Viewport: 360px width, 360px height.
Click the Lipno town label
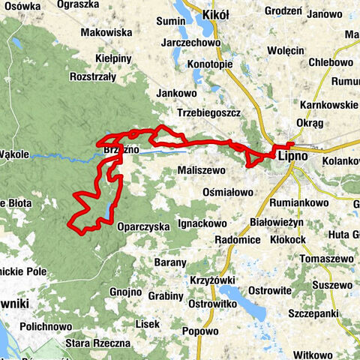point(292,157)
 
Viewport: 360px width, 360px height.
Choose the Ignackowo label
point(202,223)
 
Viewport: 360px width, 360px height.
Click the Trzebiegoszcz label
point(208,113)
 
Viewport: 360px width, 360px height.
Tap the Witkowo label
point(313,354)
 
